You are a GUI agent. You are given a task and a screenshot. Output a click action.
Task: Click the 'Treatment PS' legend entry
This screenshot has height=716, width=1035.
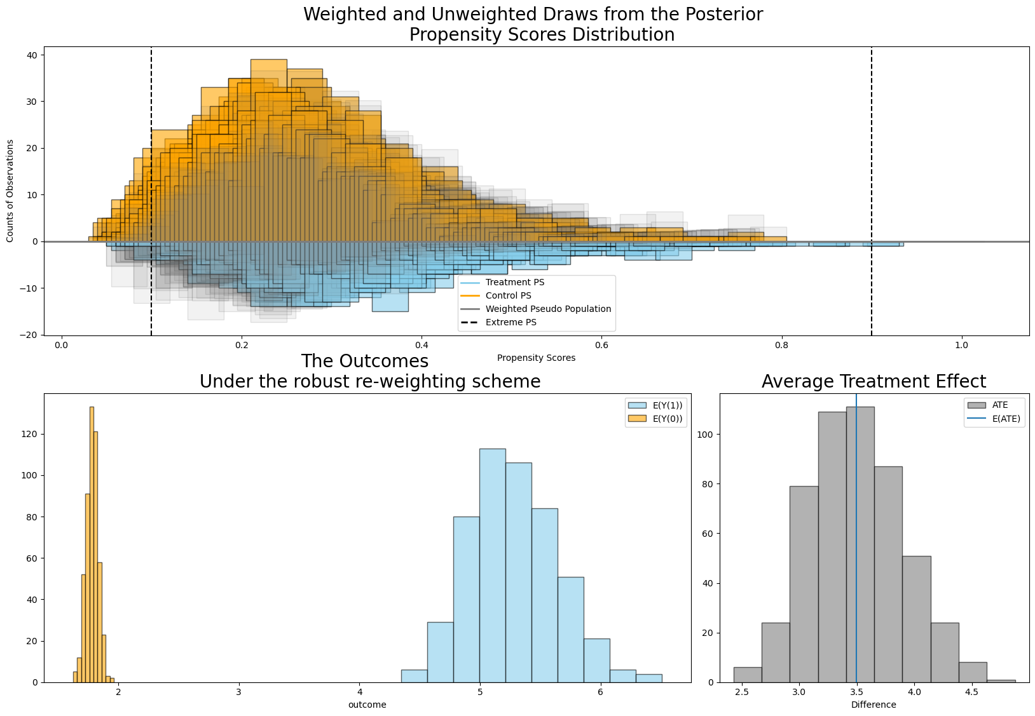tap(514, 282)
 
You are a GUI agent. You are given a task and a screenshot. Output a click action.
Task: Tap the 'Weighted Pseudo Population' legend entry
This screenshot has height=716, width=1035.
tap(548, 309)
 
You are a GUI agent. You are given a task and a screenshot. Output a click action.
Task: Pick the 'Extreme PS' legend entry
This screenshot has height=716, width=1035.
tap(511, 322)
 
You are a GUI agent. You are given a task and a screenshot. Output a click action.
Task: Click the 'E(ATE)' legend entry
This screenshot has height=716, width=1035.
tap(1006, 418)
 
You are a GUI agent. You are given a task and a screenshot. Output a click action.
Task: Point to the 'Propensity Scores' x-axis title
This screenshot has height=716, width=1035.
tap(536, 358)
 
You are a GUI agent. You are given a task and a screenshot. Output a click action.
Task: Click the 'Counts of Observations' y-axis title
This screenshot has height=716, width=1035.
tap(10, 191)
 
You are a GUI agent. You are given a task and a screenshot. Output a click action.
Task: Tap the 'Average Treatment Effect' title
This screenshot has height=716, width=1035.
tap(874, 381)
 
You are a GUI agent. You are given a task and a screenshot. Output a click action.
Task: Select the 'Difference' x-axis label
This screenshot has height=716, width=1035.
tap(874, 705)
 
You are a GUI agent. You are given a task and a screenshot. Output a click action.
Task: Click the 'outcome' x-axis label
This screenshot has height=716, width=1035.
tap(367, 705)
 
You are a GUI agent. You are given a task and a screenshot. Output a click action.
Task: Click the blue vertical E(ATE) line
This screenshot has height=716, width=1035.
tap(856, 540)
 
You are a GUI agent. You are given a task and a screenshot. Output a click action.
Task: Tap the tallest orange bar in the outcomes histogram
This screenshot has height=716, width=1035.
tap(92, 546)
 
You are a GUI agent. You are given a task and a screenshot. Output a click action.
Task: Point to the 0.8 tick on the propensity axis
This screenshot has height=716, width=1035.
tap(781, 345)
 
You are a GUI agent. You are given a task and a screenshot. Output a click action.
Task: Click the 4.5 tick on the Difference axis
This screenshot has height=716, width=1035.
tap(971, 692)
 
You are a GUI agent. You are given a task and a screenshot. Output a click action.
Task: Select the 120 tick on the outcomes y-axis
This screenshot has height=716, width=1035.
tap(31, 434)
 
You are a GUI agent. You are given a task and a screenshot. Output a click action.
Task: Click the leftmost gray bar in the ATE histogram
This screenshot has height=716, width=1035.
tap(747, 675)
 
